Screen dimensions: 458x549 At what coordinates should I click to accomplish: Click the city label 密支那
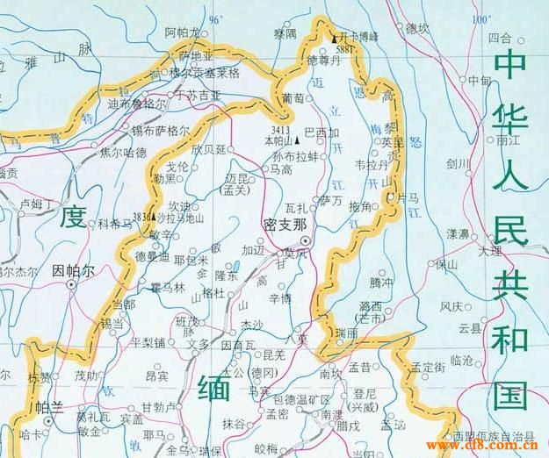pyautogui.click(x=285, y=224)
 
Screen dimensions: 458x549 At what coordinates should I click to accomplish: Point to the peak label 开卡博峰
pyautogui.click(x=360, y=37)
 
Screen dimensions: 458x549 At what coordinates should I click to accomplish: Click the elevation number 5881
pyautogui.click(x=344, y=51)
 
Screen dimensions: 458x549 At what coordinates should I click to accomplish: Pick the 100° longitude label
pyautogui.click(x=480, y=19)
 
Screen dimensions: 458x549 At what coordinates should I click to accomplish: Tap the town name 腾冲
pyautogui.click(x=381, y=283)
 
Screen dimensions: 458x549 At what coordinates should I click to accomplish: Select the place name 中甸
pyautogui.click(x=480, y=81)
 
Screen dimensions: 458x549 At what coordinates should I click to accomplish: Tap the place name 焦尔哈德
pyautogui.click(x=123, y=152)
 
